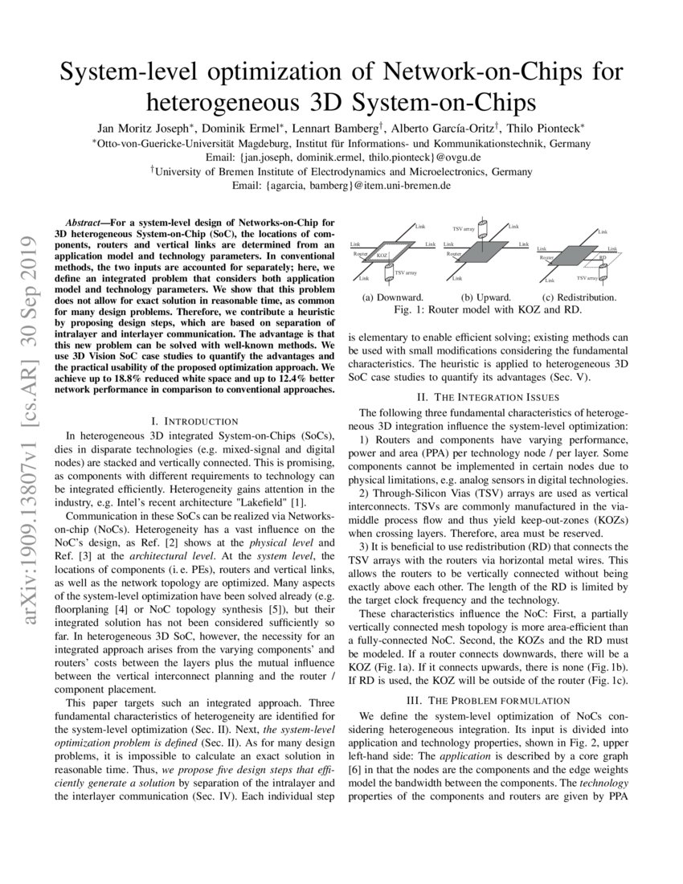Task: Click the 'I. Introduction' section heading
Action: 194,421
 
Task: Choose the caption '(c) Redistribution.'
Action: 579,297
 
